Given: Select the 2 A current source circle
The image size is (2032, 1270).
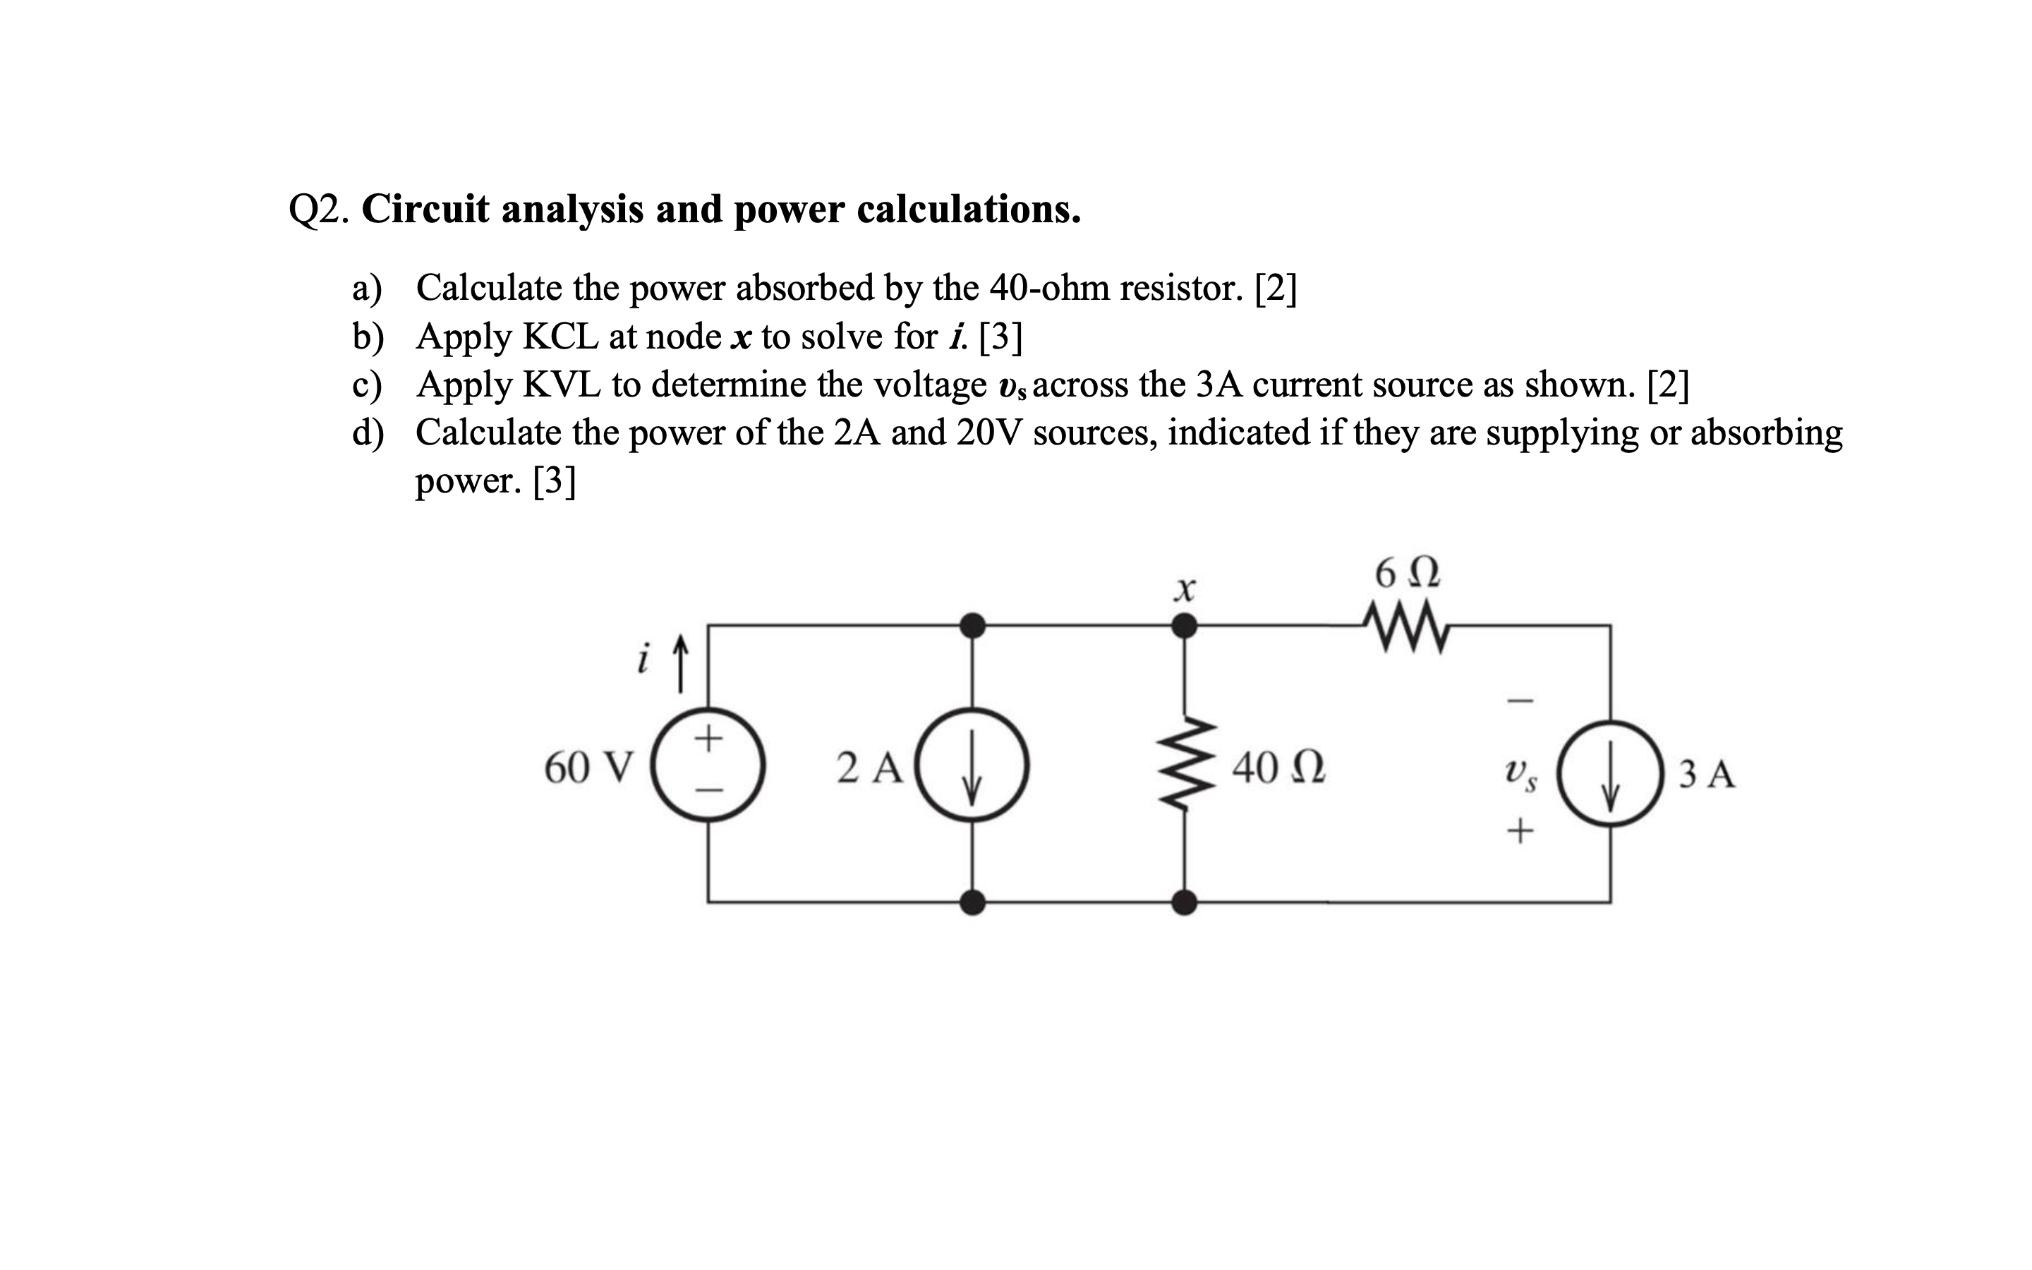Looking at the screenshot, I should pos(972,764).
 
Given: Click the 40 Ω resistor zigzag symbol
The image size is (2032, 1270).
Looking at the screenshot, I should pos(1184,764).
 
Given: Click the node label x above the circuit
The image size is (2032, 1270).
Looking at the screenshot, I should pos(1183,590).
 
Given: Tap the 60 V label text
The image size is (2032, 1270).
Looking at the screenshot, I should pos(588,767).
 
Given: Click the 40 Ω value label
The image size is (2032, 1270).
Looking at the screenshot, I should pos(1278,767).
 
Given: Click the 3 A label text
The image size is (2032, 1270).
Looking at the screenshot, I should pos(1706,773).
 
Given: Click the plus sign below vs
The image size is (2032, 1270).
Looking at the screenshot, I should pos(1520,833).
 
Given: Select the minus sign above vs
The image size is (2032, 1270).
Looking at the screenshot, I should pos(1520,698).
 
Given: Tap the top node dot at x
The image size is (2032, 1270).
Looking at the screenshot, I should pos(1184,625).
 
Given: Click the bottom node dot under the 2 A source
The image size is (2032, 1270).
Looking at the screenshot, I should pos(972,902).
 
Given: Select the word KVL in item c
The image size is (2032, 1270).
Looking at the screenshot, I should pos(561,385).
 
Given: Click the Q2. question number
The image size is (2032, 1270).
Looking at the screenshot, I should pos(317,210).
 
